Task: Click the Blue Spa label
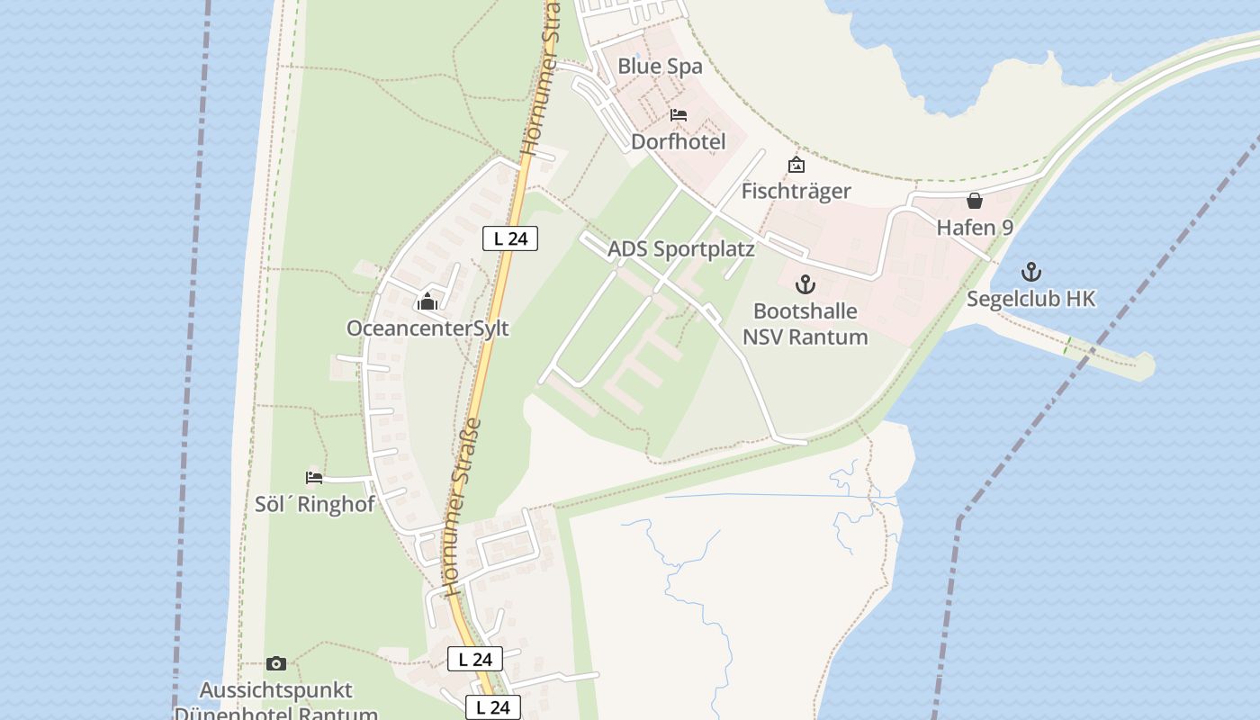pos(660,67)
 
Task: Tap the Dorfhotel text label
pos(678,142)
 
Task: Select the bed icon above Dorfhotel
pos(679,115)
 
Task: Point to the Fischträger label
pos(796,191)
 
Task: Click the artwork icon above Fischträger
pos(796,165)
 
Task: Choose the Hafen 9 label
pos(975,228)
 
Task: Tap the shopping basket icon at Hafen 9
pos(975,201)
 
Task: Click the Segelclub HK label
pos(1031,299)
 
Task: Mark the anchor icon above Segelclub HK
pos(1031,272)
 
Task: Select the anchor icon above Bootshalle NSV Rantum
pos(805,285)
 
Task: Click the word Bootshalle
pos(805,311)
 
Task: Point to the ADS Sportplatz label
pos(680,249)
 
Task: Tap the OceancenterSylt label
pos(427,328)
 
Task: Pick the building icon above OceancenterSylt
pos(427,301)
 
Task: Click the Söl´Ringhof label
pos(314,504)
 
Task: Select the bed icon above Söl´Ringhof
pos(314,478)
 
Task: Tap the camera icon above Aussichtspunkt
pos(276,664)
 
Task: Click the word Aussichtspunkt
pos(275,691)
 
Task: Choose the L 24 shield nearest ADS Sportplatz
pos(510,238)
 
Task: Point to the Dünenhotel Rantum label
pos(275,713)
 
